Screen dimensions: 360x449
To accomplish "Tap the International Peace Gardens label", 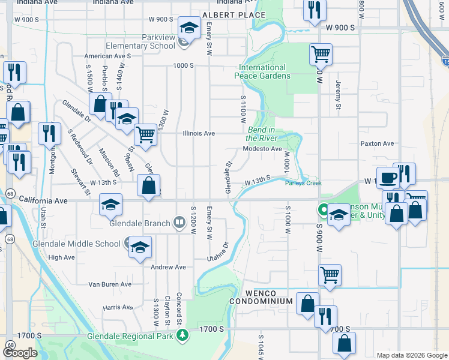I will click(x=262, y=71).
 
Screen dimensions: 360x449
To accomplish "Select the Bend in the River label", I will click(x=261, y=134).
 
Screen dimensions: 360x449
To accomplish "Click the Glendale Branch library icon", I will click(x=179, y=223).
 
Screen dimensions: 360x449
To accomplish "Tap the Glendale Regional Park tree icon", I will click(x=187, y=336).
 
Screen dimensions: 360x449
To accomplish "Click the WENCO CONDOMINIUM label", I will click(x=261, y=301).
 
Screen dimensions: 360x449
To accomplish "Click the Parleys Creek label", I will click(x=303, y=183).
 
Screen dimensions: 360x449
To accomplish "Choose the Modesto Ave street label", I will click(x=262, y=149).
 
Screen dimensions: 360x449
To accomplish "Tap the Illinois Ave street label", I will click(x=199, y=133).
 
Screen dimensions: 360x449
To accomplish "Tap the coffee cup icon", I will click(x=388, y=178).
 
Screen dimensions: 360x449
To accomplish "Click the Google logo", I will click(x=20, y=353).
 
